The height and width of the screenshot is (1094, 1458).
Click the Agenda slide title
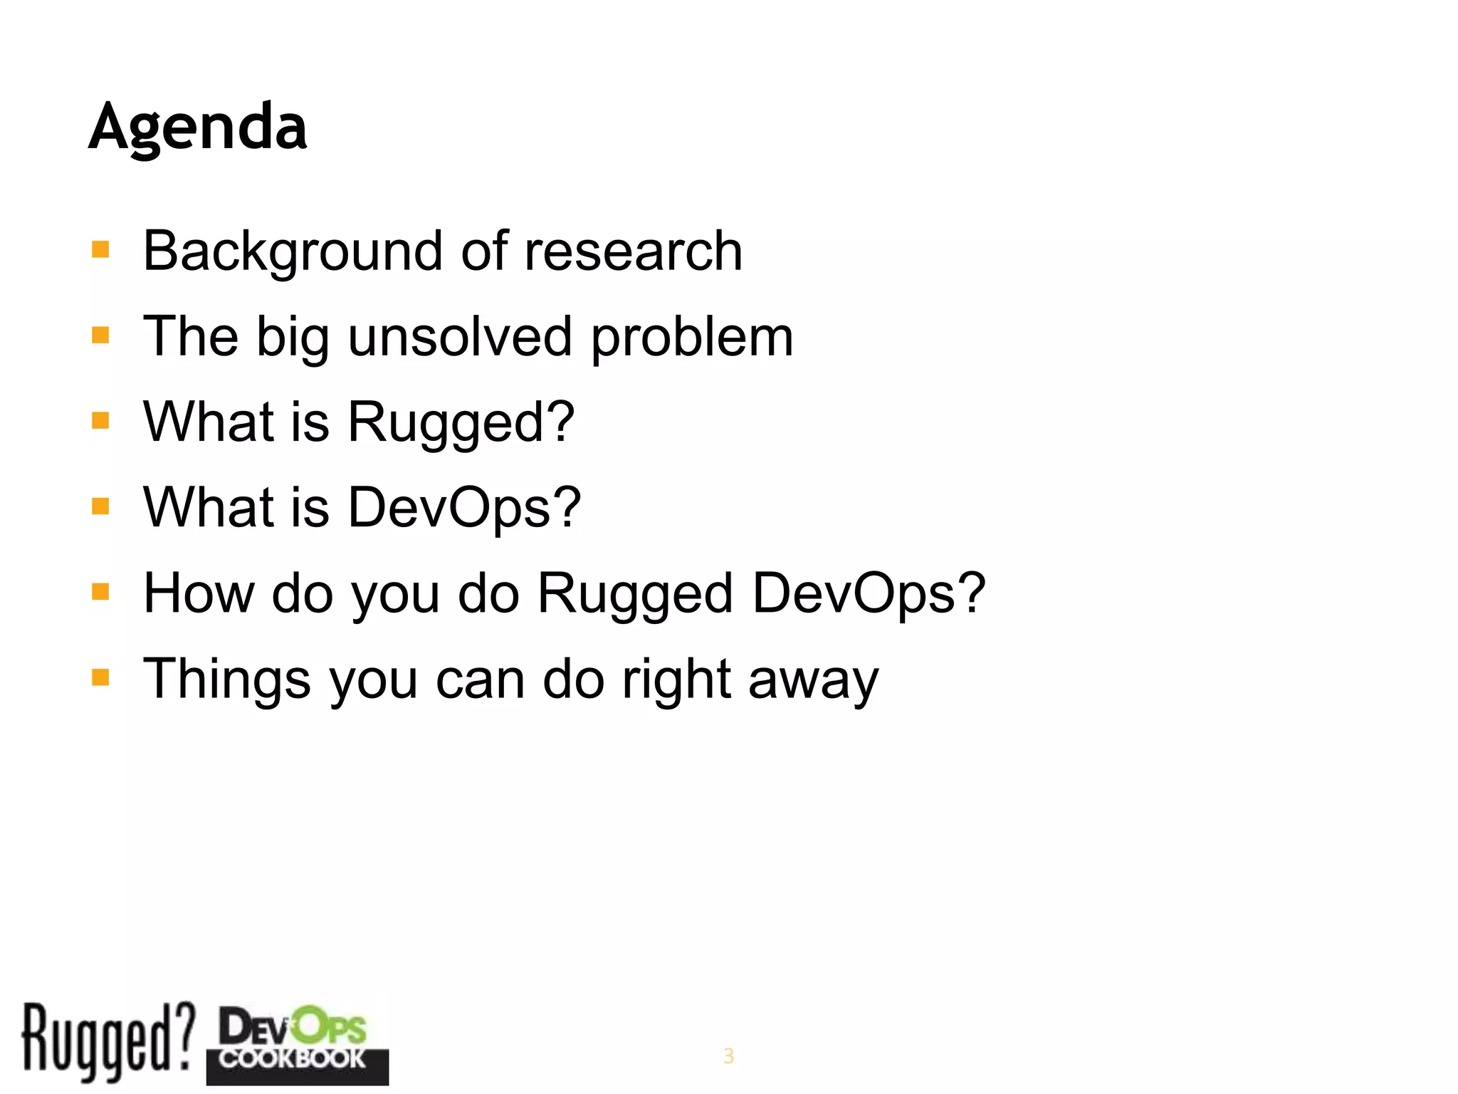198,127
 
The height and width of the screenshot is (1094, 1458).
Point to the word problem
692,338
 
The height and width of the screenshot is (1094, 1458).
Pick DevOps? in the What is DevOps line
464,508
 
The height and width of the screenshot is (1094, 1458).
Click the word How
199,593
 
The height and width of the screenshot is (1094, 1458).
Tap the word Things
227,679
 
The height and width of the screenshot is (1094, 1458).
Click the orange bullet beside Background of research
100,250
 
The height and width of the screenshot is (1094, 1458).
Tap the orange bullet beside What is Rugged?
100,421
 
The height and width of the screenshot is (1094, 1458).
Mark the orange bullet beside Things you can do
100,677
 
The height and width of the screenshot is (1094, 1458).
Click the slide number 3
728,1056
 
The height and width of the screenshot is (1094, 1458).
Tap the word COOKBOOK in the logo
292,1058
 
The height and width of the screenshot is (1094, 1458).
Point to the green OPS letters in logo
330,1028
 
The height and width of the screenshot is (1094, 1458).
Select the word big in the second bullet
293,338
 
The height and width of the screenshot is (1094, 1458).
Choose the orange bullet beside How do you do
100,592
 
